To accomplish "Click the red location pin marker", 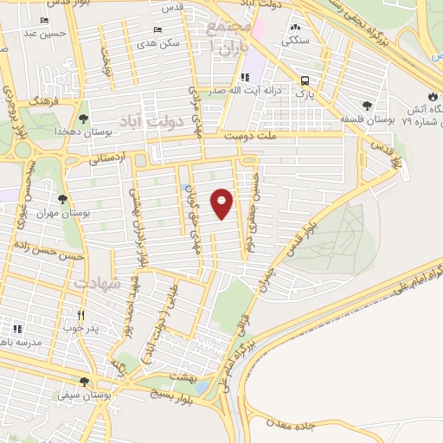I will pyautogui.click(x=222, y=203).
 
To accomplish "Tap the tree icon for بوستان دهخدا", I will pyautogui.click(x=83, y=119).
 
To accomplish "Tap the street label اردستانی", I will pyautogui.click(x=107, y=158).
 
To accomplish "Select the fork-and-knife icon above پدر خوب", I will pyautogui.click(x=81, y=316).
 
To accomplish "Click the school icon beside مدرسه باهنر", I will pyautogui.click(x=17, y=328).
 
